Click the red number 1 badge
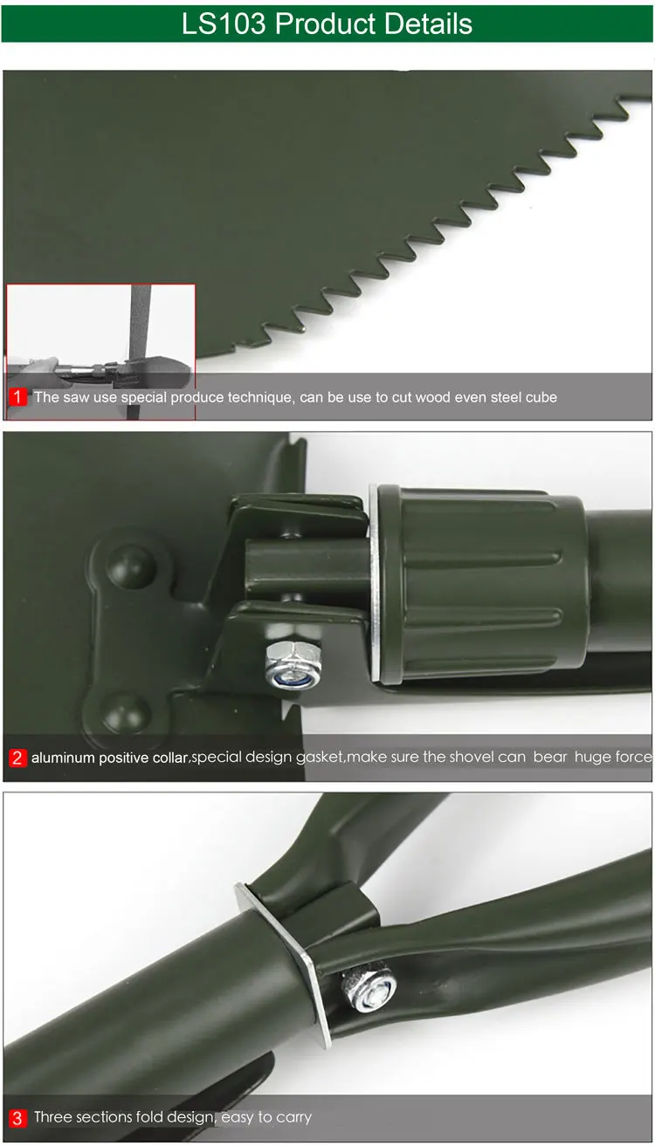(x=18, y=397)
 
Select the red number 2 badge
(x=18, y=758)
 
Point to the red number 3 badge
(x=18, y=1117)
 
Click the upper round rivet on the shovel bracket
(x=130, y=566)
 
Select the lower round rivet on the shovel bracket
(x=125, y=710)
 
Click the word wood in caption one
(x=435, y=397)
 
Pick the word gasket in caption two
(x=320, y=757)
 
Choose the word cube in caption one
(x=540, y=397)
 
